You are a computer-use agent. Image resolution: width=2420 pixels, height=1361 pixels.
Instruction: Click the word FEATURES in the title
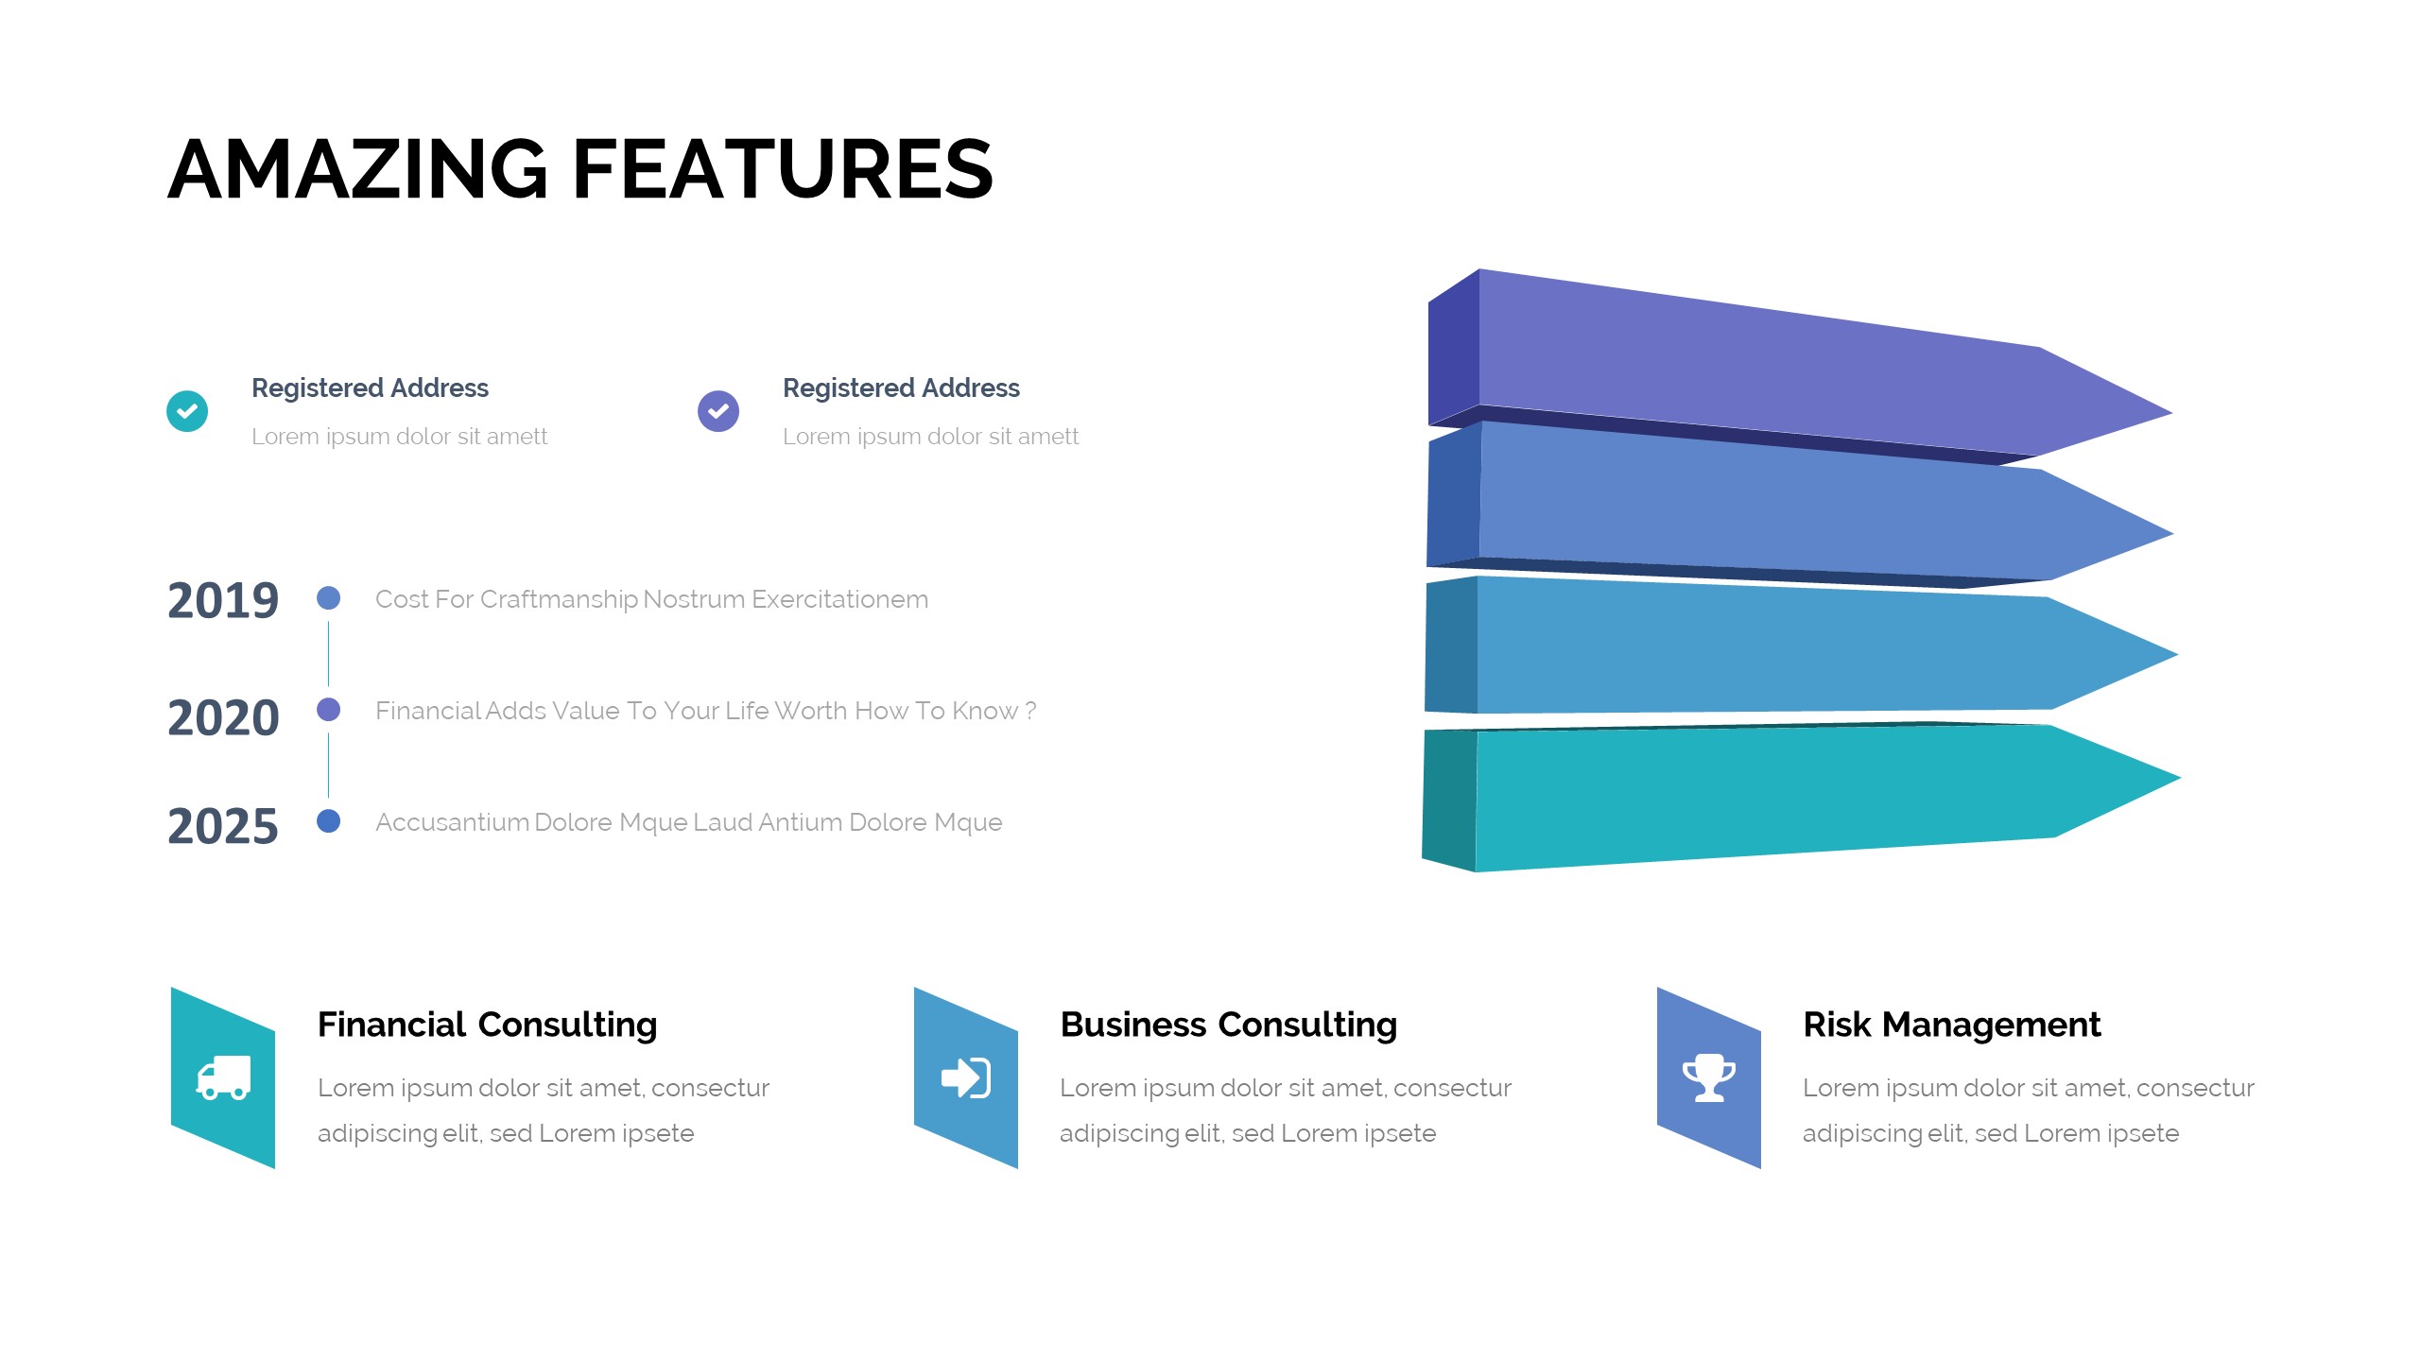[783, 169]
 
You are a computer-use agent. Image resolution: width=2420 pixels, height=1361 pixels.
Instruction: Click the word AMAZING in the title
[358, 169]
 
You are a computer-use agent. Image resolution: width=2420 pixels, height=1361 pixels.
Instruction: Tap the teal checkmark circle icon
[187, 411]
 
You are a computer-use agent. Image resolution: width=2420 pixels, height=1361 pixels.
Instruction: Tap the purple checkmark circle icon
[718, 411]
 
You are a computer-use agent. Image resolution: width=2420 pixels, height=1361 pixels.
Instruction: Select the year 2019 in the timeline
[223, 600]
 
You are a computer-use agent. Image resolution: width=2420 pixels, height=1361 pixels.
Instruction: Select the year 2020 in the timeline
[223, 717]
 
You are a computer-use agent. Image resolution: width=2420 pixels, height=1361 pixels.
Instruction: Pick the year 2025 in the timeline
[223, 826]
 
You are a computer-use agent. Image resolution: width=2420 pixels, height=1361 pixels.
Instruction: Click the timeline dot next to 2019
[329, 597]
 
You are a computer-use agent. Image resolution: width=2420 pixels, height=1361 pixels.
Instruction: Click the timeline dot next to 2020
[329, 709]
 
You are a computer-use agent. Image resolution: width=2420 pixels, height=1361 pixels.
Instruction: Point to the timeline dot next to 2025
[329, 820]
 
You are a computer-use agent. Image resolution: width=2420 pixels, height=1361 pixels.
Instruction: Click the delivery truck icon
[223, 1077]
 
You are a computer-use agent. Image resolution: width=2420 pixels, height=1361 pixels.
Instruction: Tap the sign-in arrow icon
[966, 1077]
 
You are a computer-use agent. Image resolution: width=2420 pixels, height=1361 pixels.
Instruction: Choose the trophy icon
[1709, 1077]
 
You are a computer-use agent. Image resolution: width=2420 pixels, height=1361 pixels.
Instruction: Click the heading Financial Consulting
[488, 1025]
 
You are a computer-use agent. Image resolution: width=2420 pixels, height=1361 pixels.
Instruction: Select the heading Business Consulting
[1229, 1025]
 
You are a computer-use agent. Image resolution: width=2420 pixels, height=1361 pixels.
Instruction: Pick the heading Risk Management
[1952, 1025]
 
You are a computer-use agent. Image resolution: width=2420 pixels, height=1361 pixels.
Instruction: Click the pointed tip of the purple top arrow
[2172, 413]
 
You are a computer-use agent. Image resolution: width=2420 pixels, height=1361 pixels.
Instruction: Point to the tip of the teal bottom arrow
[2180, 778]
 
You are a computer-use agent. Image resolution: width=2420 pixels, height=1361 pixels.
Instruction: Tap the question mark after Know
[1030, 711]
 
